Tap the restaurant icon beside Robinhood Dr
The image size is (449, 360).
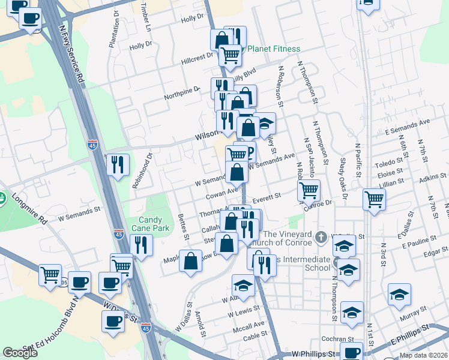pos(118,164)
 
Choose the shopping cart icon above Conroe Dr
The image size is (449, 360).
pos(309,190)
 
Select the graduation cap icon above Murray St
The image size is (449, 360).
pos(399,294)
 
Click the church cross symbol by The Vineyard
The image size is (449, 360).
pos(321,237)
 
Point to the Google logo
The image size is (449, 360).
pos(20,352)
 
